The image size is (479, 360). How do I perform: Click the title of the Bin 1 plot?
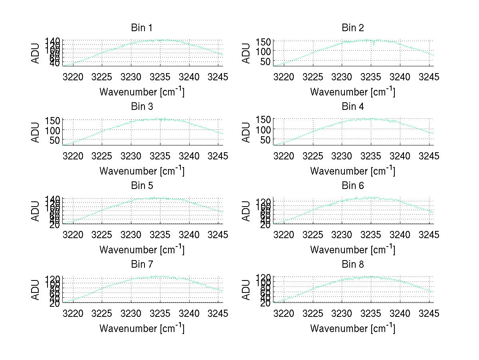[x=142, y=28]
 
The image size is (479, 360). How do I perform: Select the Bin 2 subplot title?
[x=353, y=28]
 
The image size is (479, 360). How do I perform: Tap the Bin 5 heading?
[x=142, y=186]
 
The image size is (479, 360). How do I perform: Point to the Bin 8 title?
[x=353, y=265]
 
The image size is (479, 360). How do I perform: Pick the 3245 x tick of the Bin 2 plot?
[x=429, y=77]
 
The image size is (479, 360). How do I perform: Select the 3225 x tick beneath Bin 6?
[x=313, y=235]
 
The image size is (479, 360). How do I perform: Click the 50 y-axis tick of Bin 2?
[x=267, y=61]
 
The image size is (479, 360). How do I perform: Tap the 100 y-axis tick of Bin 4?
[x=265, y=129]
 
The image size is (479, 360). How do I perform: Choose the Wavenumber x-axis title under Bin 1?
[x=142, y=91]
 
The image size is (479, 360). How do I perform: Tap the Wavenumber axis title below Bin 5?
[x=142, y=249]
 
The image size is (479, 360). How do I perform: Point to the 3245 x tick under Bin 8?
[x=429, y=313]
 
